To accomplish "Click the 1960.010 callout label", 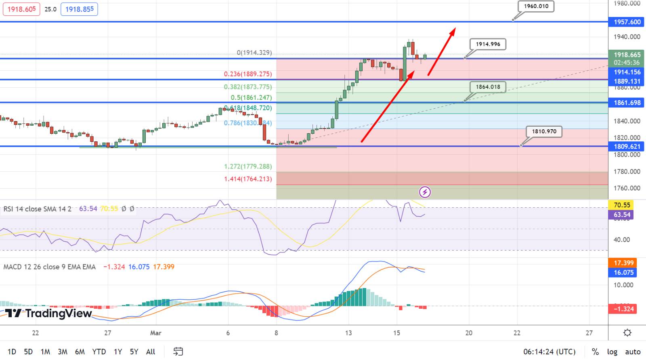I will coord(536,6).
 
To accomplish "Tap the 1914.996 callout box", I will coord(488,44).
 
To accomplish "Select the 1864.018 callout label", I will coord(488,87).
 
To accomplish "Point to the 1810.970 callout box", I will coord(544,131).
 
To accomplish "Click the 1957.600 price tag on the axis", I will coord(627,22).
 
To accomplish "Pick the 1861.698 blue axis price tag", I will coord(627,103).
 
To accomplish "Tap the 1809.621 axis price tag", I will coord(627,147).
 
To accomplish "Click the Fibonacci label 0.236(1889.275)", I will coord(248,74).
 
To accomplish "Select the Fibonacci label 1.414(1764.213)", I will coord(248,179).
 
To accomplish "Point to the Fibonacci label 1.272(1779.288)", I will coord(248,166).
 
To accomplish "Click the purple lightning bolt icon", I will coord(425,192).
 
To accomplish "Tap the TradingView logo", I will coord(48,314).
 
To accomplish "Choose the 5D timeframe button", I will coord(28,352).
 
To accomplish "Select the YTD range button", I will coord(99,352).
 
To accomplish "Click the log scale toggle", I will coord(612,352).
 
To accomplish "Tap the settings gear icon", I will coord(627,333).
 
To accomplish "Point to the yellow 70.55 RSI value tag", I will coord(622,205).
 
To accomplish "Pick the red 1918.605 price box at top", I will coord(21,9).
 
